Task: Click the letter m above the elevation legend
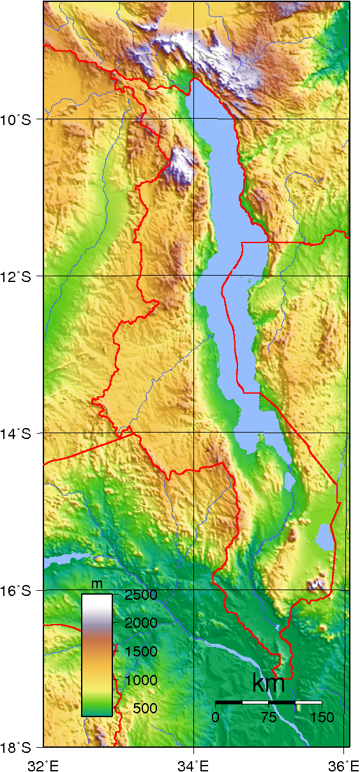point(97,584)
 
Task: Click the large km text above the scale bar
point(268,683)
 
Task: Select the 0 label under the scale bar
point(216,717)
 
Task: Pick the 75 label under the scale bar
point(268,717)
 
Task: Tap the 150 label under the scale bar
point(321,717)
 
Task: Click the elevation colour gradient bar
point(97,655)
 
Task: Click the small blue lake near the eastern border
point(325,537)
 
